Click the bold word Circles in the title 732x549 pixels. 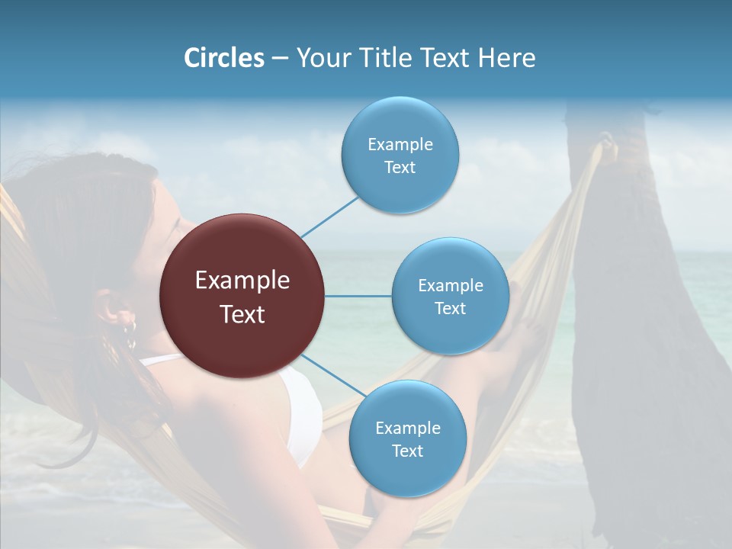pos(224,58)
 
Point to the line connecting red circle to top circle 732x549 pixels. pos(329,217)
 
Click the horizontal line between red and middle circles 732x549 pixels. pos(358,296)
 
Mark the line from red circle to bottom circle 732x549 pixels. pos(332,375)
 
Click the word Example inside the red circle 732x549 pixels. pos(242,281)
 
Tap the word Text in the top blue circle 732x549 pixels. pos(400,168)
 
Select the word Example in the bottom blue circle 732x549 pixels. pos(408,429)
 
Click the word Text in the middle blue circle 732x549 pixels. pos(451,308)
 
